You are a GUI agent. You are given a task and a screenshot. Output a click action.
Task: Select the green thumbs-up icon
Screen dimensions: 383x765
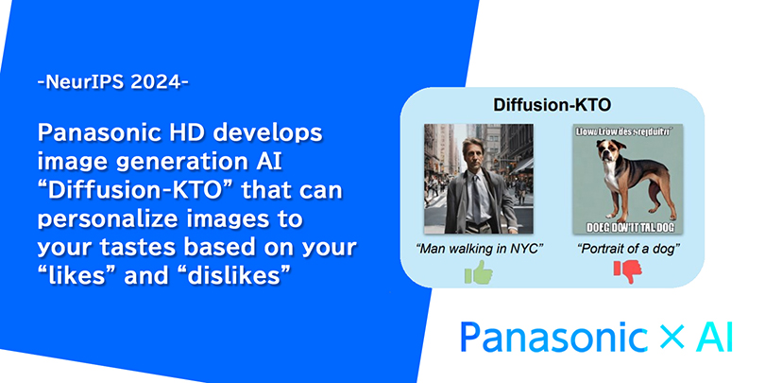pyautogui.click(x=478, y=273)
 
